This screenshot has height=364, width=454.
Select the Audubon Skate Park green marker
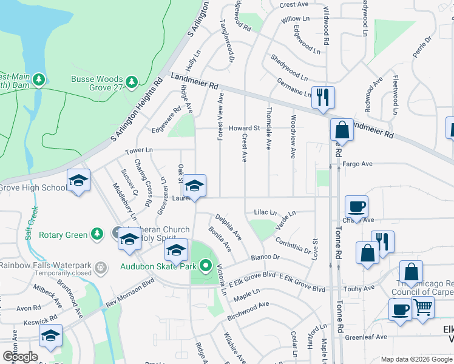206,265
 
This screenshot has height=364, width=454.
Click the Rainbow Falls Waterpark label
48,265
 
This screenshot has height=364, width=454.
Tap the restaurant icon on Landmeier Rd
322,97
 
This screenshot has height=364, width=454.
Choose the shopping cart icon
422,307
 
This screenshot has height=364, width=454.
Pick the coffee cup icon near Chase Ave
356,206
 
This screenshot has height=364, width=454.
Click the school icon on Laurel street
195,185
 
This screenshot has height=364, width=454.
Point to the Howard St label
244,128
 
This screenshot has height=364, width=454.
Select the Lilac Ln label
265,213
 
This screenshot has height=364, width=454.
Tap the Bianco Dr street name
266,257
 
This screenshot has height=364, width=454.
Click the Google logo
20,357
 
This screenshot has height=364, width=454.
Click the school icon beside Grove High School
78,181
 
